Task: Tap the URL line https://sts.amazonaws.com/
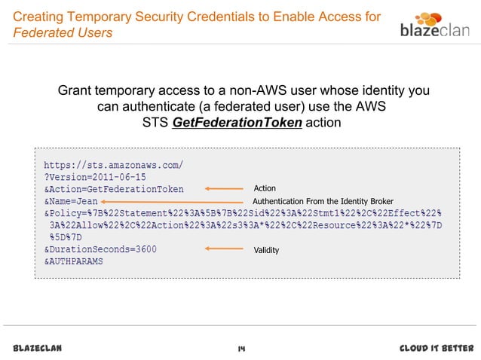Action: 113,163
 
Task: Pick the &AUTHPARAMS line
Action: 73,261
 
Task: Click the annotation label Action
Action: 265,188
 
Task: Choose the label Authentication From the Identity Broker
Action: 323,202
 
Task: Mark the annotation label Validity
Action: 266,250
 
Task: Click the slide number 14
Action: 241,348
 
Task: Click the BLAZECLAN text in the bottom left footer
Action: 38,348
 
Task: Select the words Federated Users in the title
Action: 63,33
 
